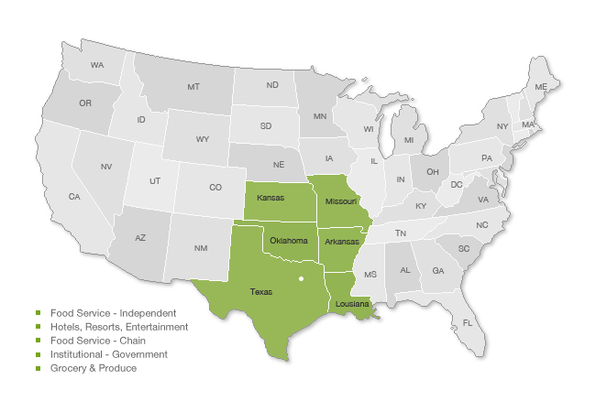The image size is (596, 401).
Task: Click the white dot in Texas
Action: (300, 278)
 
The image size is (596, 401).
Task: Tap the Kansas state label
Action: (270, 198)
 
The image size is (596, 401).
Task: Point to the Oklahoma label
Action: (288, 241)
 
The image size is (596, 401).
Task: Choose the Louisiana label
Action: (352, 303)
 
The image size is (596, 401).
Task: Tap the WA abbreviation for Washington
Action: (96, 65)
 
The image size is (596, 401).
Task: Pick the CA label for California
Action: (74, 197)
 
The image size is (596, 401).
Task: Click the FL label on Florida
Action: (468, 322)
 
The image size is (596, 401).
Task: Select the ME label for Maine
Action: (541, 87)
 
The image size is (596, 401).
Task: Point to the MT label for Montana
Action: (193, 87)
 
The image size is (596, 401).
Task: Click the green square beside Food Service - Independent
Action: (39, 313)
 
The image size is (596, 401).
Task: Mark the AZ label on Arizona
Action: (140, 237)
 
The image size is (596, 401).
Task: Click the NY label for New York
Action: (502, 126)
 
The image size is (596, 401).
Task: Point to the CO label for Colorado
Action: (215, 188)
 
